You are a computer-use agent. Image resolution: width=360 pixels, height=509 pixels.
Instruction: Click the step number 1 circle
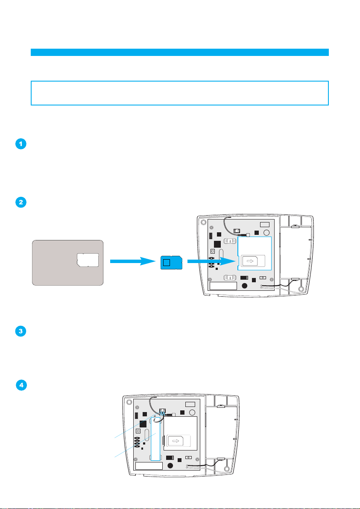tap(20, 144)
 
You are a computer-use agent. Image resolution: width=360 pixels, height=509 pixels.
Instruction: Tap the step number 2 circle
tap(20, 202)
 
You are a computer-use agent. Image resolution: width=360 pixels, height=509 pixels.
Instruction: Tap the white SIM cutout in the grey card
tap(88, 260)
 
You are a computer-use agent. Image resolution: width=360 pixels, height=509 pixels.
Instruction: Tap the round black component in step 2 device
tap(244, 286)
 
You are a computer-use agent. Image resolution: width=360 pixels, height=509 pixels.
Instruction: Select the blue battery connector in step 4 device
tap(162, 412)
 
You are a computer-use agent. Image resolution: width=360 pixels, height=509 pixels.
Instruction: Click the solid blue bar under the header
tap(180, 52)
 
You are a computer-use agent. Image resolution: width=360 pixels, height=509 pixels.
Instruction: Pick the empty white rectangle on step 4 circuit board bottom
tap(149, 465)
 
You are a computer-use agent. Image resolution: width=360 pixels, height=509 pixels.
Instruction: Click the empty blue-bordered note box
tap(180, 93)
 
